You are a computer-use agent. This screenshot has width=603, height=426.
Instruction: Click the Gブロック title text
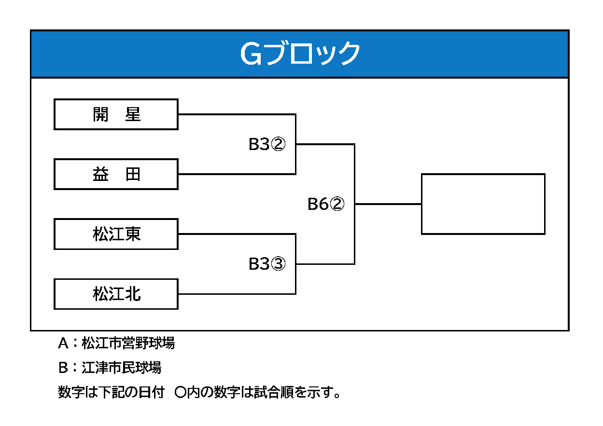(x=300, y=54)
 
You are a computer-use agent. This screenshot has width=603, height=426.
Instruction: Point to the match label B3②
(x=267, y=144)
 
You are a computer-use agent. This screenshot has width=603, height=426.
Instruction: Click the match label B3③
(x=267, y=263)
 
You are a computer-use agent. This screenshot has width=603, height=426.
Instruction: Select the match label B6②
(x=326, y=204)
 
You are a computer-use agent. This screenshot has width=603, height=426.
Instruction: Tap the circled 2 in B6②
(x=337, y=204)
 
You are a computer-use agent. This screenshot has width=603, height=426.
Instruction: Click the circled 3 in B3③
(x=278, y=263)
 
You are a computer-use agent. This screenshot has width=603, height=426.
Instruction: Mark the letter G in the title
(x=251, y=54)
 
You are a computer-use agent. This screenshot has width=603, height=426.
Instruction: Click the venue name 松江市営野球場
(x=128, y=343)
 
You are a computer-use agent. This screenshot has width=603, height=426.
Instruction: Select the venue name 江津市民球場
(x=121, y=367)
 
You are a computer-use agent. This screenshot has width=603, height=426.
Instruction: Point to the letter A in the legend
(x=63, y=343)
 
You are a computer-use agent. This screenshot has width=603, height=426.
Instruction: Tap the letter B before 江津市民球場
(x=63, y=368)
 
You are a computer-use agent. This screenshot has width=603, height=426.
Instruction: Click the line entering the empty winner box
(x=388, y=204)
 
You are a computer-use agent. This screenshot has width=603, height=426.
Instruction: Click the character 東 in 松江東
(x=133, y=234)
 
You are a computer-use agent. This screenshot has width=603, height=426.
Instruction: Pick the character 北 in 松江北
(x=133, y=294)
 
